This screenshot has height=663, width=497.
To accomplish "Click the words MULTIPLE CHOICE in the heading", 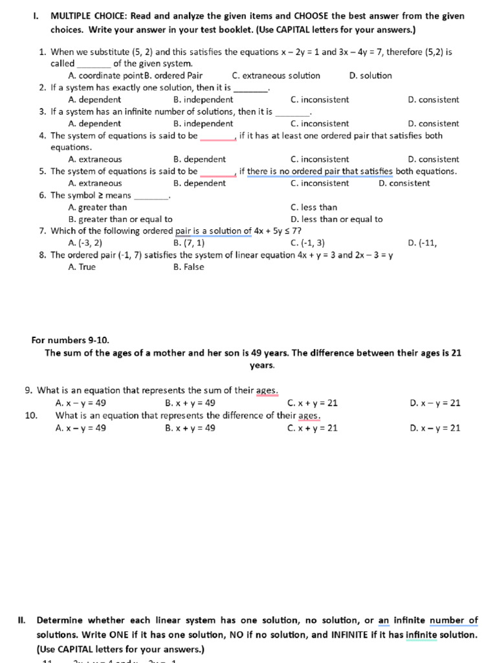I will pos(88,16).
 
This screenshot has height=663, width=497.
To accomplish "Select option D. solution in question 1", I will pos(370,76).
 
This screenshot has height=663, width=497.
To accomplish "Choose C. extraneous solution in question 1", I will pos(276,76).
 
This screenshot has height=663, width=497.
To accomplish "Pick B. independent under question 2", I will pos(203,100).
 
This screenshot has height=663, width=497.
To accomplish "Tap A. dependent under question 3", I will pos(94,124).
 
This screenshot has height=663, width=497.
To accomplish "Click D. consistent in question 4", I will pos(434,159).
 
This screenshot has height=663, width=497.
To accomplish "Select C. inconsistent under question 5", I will pos(320,183).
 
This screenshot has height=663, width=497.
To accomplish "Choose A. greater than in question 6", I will pos(98,208).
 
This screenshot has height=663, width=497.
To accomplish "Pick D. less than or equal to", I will pos(337,219).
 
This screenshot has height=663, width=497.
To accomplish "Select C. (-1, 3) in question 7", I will pos(307,243).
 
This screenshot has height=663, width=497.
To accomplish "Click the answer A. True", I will pos(82,267).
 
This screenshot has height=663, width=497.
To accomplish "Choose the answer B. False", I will pos(188,267).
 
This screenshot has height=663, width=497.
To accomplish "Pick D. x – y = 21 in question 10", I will pos(435,428).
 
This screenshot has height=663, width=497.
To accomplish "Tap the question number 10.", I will pos(31,416).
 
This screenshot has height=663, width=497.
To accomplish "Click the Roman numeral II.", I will pos(21,620).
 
